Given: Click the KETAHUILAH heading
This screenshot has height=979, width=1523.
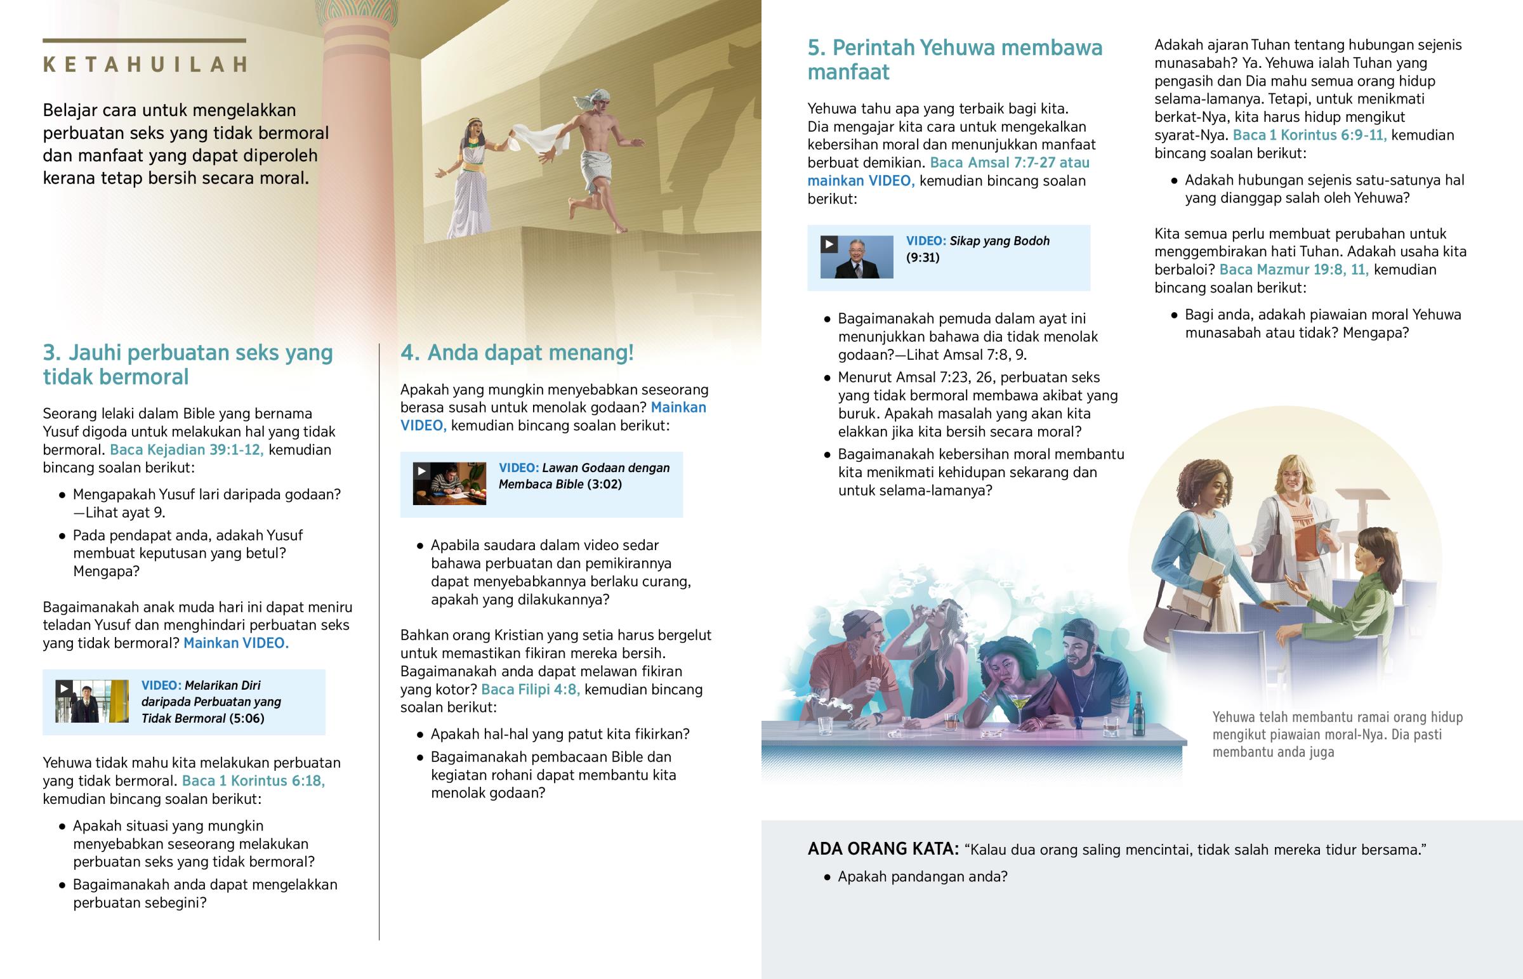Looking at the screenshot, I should [x=145, y=64].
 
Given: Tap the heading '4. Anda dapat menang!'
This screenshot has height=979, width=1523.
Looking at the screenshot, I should [x=517, y=352].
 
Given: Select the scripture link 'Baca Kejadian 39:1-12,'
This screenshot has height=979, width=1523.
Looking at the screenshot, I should [x=186, y=449].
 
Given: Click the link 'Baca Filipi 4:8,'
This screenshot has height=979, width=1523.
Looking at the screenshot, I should [x=530, y=689].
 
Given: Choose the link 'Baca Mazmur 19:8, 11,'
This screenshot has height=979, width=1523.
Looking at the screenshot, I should [x=1293, y=270].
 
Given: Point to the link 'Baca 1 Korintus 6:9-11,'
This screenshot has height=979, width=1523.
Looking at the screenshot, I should [x=1309, y=135].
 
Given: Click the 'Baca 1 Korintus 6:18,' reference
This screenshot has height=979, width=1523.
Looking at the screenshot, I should [x=253, y=780].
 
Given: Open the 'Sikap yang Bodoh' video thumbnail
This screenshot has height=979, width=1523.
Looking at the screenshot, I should [x=856, y=258].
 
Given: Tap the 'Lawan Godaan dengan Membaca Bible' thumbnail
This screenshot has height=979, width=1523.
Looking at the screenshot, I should [x=449, y=483].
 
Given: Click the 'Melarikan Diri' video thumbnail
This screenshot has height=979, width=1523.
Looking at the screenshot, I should [x=91, y=702].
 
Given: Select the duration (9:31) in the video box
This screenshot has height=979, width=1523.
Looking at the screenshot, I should [x=922, y=258].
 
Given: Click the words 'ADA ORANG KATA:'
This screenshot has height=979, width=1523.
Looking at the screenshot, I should [x=882, y=849].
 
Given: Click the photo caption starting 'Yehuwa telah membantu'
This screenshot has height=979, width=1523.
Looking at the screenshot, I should [x=1337, y=734].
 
